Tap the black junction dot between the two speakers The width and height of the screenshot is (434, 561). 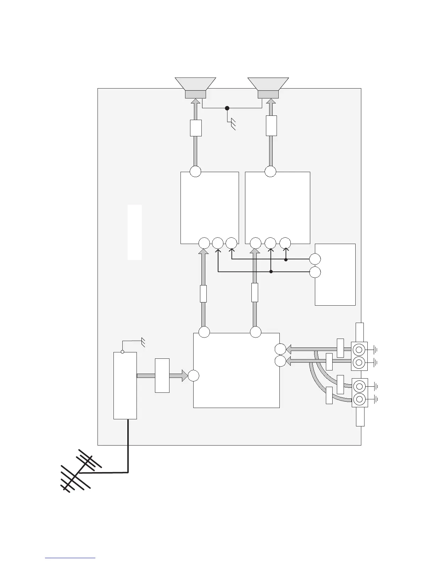[227, 108]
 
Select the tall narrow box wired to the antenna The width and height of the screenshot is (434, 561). [125, 385]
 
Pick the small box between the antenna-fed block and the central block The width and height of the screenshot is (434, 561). [162, 375]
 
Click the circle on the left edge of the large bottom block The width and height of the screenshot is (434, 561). [193, 375]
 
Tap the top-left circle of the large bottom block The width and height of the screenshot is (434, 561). [204, 332]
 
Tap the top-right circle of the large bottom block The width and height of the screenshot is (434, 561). [255, 332]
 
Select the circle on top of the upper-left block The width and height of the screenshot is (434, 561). [195, 171]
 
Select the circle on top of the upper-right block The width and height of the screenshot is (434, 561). [270, 171]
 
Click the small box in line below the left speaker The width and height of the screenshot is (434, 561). [196, 128]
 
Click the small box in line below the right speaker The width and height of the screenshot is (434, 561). [271, 126]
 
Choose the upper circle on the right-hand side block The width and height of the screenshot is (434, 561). [315, 259]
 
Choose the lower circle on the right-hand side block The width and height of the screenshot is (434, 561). [315, 272]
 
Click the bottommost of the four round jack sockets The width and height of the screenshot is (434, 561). [359, 399]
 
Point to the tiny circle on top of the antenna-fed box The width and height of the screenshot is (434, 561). [122, 352]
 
